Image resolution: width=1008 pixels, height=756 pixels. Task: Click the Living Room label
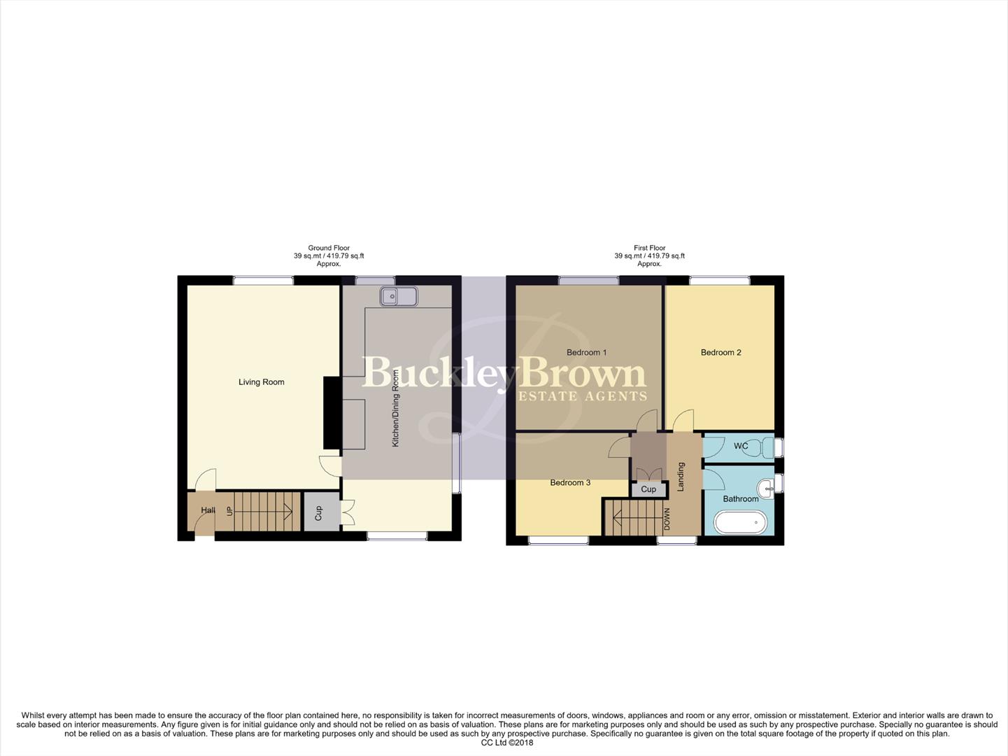(261, 382)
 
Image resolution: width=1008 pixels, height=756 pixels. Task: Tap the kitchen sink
(399, 297)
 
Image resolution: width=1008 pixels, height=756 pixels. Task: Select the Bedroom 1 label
(586, 353)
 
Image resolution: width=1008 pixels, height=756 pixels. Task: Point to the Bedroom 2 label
(720, 353)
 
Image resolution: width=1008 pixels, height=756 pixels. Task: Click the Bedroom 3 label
(570, 483)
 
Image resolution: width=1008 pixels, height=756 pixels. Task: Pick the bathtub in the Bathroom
(740, 522)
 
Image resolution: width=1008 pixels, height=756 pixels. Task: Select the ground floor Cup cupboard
(318, 513)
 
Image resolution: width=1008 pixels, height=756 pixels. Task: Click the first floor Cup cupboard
(648, 489)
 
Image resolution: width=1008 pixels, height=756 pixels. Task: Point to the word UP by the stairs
(229, 511)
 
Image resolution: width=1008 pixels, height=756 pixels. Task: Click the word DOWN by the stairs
(667, 519)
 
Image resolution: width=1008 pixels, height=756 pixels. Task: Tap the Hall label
(208, 510)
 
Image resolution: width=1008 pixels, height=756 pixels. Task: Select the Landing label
(681, 476)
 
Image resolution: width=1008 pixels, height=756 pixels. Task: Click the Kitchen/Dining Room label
(395, 409)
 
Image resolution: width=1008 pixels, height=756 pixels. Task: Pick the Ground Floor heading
(329, 248)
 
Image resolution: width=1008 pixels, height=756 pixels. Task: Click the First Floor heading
(649, 248)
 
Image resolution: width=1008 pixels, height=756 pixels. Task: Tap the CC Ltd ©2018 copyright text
(506, 743)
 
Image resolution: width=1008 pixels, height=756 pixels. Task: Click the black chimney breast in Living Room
(332, 413)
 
